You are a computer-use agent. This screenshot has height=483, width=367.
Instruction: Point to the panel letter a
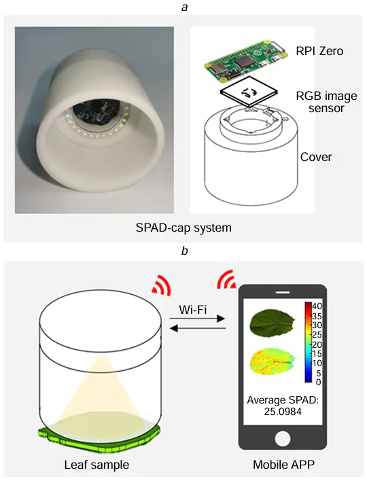point(183,7)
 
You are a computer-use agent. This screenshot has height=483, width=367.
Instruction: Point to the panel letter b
point(183,250)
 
